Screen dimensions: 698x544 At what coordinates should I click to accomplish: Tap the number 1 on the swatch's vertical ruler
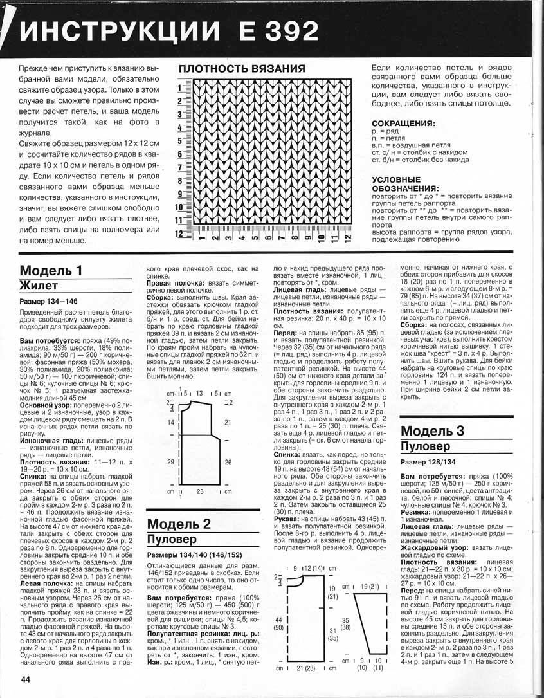[x=180, y=87]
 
